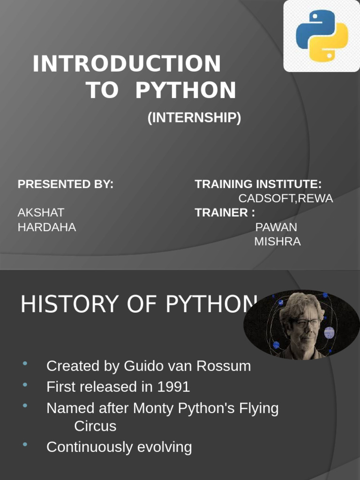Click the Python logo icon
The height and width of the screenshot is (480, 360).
(x=322, y=36)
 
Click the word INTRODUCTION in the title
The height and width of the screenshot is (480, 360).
(x=127, y=64)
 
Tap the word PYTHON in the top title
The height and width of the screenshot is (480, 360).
(x=186, y=90)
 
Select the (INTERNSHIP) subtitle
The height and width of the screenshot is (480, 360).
(x=194, y=118)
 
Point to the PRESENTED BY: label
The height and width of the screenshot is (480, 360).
(x=66, y=184)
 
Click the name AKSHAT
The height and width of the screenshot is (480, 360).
(x=41, y=212)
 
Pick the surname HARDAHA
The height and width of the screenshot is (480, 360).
(x=47, y=227)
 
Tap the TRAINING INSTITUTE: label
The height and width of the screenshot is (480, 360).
(x=258, y=184)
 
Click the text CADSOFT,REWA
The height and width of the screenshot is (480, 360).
(x=285, y=198)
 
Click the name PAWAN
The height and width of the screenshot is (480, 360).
(x=276, y=227)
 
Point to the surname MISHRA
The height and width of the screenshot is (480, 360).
(x=277, y=241)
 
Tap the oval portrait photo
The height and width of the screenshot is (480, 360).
(x=301, y=325)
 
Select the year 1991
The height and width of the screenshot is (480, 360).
(x=173, y=387)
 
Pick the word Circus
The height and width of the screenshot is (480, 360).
(x=95, y=426)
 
